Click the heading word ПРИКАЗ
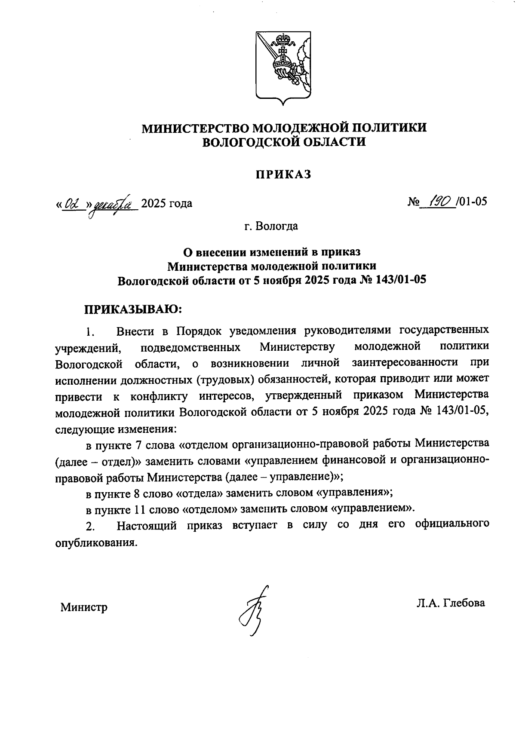tap(283, 175)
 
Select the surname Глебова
tap(462, 603)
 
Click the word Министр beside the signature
tap(84, 607)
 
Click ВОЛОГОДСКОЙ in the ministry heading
tap(248, 142)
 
